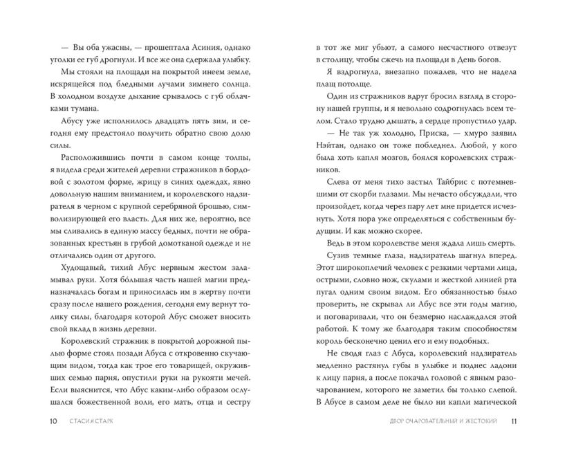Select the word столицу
tap(337, 65)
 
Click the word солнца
tap(238, 80)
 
